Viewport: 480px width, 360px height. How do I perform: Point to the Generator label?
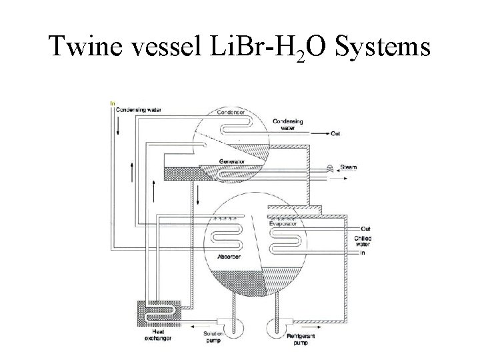[x=232, y=161]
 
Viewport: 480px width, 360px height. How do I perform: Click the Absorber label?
[x=228, y=257]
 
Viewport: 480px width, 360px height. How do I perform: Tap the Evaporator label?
[x=283, y=225]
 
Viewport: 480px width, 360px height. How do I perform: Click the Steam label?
[x=349, y=167]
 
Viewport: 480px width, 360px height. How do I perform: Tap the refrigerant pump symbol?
[x=274, y=327]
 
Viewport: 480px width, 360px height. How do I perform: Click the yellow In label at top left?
[x=113, y=103]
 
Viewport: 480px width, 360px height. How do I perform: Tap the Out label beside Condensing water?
[x=336, y=133]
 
